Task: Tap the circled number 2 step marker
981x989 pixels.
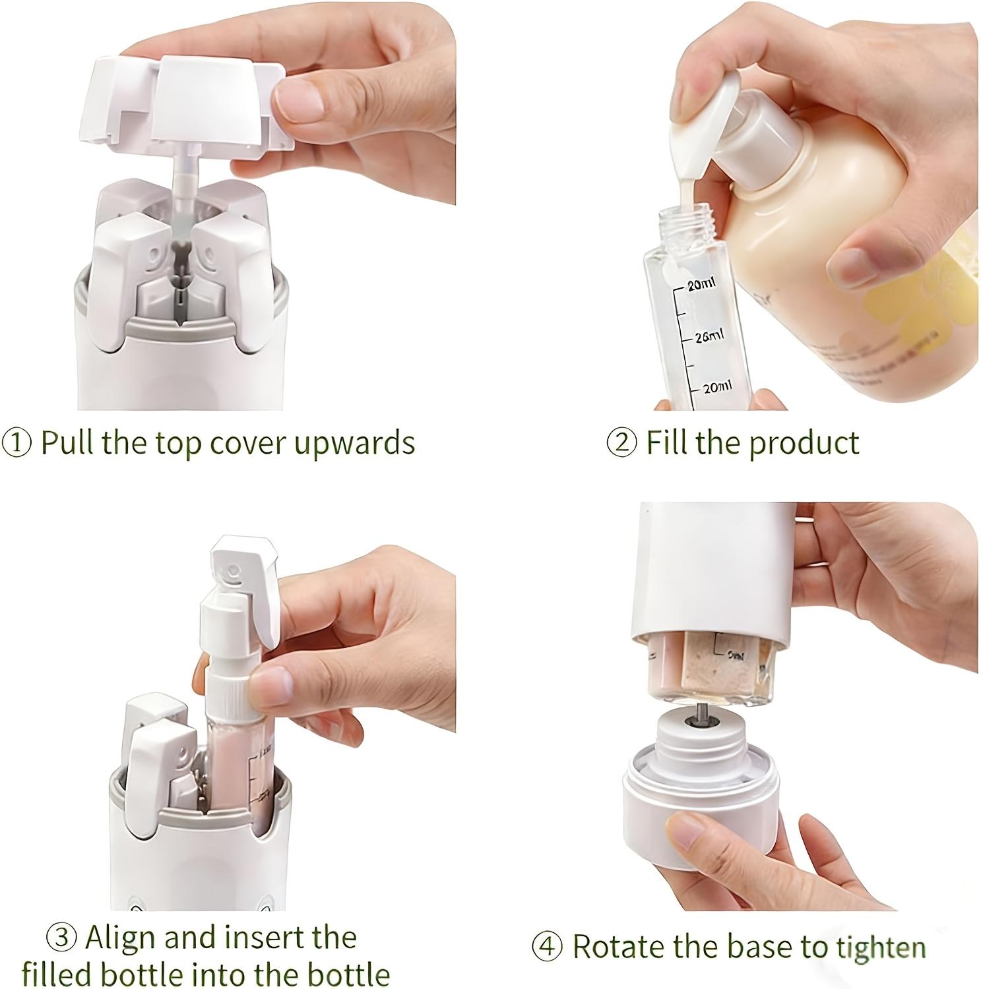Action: (x=621, y=442)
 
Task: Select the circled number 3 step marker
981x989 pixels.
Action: (x=62, y=938)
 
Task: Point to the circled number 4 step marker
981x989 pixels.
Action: (x=547, y=947)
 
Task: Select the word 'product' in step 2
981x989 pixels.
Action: (x=805, y=442)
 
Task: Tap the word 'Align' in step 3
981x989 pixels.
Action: (x=122, y=937)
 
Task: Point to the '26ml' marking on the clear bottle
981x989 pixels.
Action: (x=709, y=336)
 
